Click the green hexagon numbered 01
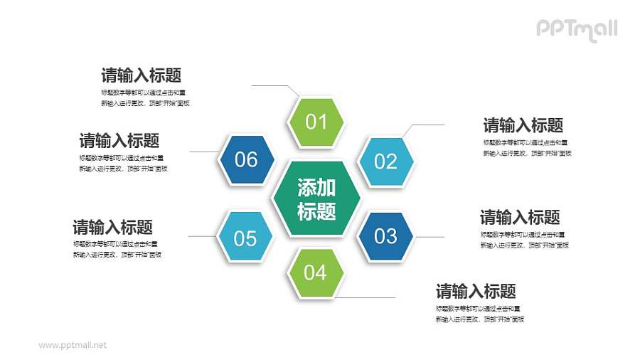coord(316,122)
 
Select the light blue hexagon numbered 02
coord(385,162)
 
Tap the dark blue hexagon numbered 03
coord(385,235)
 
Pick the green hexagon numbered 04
coord(316,272)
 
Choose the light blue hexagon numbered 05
coord(245,238)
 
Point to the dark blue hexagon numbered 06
coord(246,159)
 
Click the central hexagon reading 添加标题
coord(316,198)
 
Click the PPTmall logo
coord(576,29)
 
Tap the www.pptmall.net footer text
coord(73,345)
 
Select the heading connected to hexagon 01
coord(141,75)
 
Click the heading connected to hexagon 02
coord(523,126)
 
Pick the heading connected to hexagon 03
coord(520,217)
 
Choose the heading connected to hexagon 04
coord(476,291)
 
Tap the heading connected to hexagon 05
coord(112,228)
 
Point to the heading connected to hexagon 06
coord(119,140)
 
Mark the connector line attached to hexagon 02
coord(427,125)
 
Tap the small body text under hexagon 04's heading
coord(479,314)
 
